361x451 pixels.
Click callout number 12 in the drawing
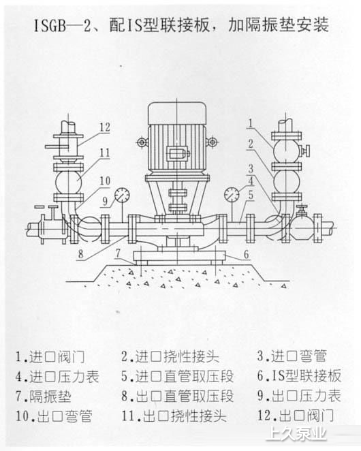tap(105, 127)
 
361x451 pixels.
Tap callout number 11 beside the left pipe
tap(105, 153)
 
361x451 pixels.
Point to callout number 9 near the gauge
tap(105, 201)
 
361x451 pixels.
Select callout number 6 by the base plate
tap(246, 254)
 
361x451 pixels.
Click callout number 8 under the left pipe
tap(81, 253)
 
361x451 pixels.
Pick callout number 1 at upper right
tap(251, 123)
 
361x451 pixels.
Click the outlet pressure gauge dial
tap(122, 196)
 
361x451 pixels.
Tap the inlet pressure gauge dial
tap(232, 195)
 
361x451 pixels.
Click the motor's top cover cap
tap(176, 114)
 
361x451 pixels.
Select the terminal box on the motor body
tap(177, 153)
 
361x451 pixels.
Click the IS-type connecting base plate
tap(179, 255)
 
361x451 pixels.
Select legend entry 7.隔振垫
tap(44, 396)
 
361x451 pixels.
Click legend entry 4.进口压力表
tap(57, 377)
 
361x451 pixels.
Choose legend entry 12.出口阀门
tap(296, 416)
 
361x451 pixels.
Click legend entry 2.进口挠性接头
tap(170, 357)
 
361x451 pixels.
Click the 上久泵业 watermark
tap(296, 433)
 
